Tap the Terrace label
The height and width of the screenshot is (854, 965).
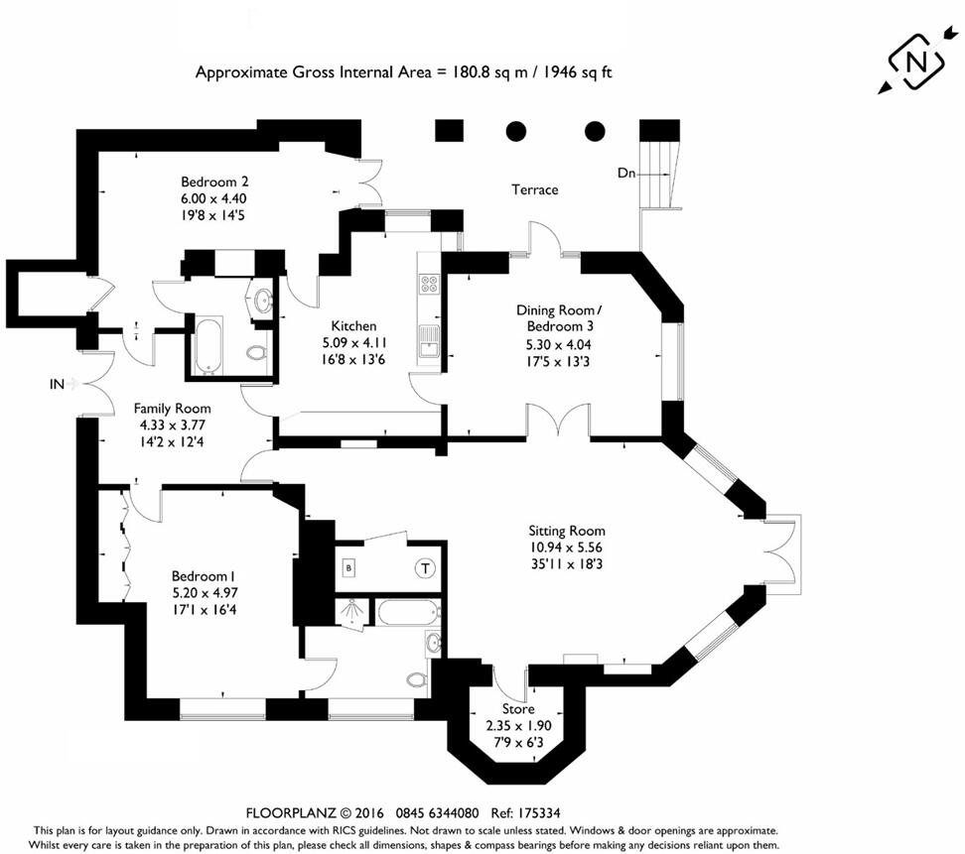[x=534, y=189]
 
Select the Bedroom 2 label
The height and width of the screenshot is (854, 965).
[x=207, y=182]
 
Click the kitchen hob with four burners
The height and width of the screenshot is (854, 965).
[x=431, y=284]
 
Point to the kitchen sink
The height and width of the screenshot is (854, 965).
[x=430, y=340]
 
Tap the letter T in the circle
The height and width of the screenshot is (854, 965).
[x=425, y=568]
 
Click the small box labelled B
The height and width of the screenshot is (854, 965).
[x=348, y=568]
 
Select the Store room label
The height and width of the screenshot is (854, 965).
[x=517, y=709]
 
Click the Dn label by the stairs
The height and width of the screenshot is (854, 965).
[x=625, y=173]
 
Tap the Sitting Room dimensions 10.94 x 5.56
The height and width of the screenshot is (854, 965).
[x=566, y=547]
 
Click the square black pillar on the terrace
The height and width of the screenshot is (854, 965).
[x=450, y=130]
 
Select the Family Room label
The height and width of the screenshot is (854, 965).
[x=173, y=408]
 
